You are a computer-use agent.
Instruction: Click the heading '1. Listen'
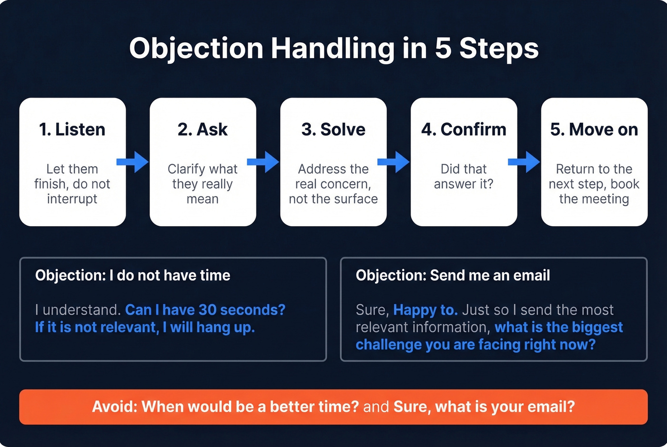(72, 129)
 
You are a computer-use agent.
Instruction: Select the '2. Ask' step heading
(202, 129)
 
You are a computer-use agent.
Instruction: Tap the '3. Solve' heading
(333, 129)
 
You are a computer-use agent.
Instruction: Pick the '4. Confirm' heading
(464, 129)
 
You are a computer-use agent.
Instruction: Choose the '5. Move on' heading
(594, 129)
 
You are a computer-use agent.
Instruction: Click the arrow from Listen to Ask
(133, 162)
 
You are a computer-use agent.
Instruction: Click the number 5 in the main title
(443, 48)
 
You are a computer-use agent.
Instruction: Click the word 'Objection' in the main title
(196, 48)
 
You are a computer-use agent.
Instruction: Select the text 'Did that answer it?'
(464, 176)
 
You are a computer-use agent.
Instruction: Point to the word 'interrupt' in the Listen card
(72, 199)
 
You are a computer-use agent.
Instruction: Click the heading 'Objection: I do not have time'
(132, 275)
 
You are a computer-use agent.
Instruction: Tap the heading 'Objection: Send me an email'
(453, 275)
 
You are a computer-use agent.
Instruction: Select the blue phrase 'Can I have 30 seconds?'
(205, 310)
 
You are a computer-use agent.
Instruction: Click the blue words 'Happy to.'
(425, 310)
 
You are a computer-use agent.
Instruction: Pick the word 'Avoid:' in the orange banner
(114, 407)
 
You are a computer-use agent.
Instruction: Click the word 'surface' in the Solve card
(355, 199)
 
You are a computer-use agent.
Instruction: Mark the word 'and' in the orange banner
(376, 407)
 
